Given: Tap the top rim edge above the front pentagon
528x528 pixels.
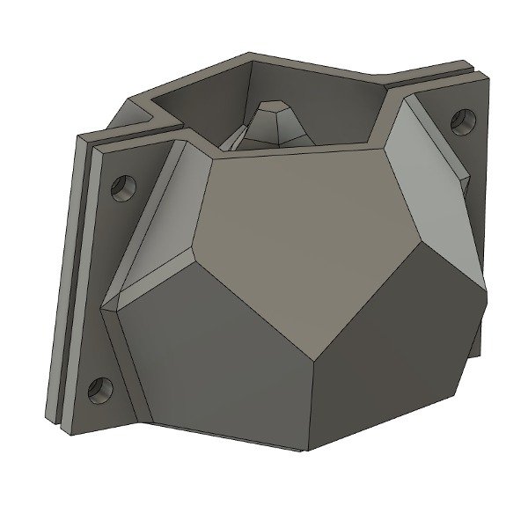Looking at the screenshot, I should point(295,146).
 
